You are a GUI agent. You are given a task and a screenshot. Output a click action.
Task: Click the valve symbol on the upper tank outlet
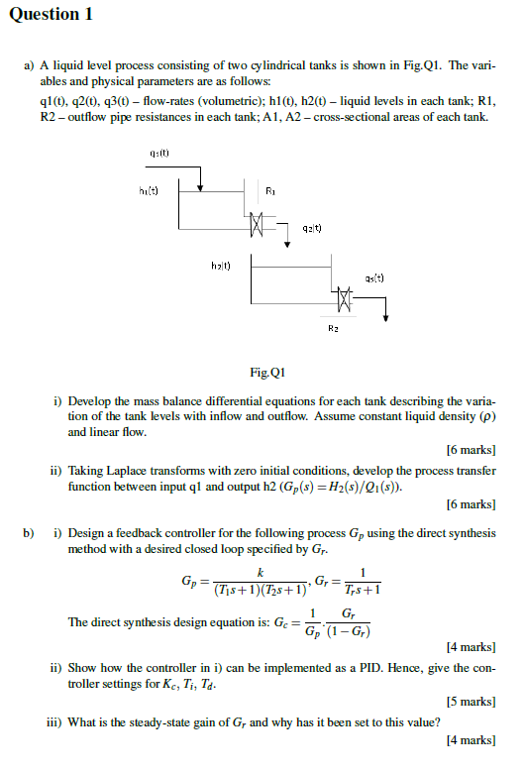259,222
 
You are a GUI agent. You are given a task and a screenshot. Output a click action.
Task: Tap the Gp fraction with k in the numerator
260,582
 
